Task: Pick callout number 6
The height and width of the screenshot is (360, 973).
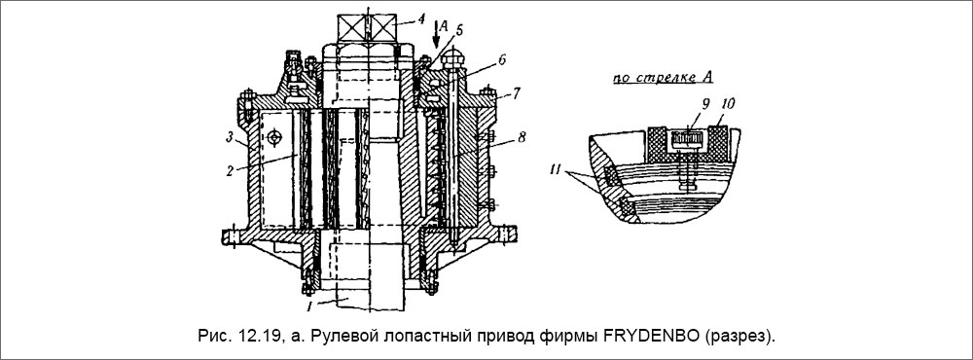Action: point(502,60)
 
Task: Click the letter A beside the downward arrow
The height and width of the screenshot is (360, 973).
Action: point(443,28)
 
